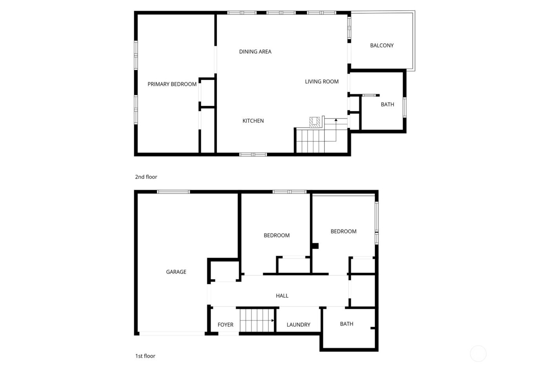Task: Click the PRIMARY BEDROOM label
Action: pyautogui.click(x=172, y=84)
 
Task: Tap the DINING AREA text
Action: pyautogui.click(x=255, y=51)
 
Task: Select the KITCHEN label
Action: pyautogui.click(x=253, y=121)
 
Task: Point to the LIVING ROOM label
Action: pyautogui.click(x=322, y=82)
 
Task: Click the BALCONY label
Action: pyautogui.click(x=382, y=46)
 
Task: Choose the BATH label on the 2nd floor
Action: pyautogui.click(x=387, y=104)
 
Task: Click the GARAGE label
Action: pyautogui.click(x=176, y=272)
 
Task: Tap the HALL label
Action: pyautogui.click(x=282, y=296)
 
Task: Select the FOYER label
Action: pyautogui.click(x=225, y=325)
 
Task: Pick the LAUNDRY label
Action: pyautogui.click(x=298, y=325)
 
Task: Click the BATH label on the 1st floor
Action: pyautogui.click(x=346, y=324)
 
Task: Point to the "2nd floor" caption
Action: pyautogui.click(x=146, y=177)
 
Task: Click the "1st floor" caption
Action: pyautogui.click(x=145, y=356)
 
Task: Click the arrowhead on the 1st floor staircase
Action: pyautogui.click(x=273, y=320)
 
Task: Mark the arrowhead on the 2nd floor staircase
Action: pyautogui.click(x=336, y=119)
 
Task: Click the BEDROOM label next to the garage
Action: pyautogui.click(x=276, y=235)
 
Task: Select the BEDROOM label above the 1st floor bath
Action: pyautogui.click(x=343, y=231)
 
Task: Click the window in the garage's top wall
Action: pyautogui.click(x=173, y=192)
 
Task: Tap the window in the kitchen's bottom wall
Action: pyautogui.click(x=253, y=154)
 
